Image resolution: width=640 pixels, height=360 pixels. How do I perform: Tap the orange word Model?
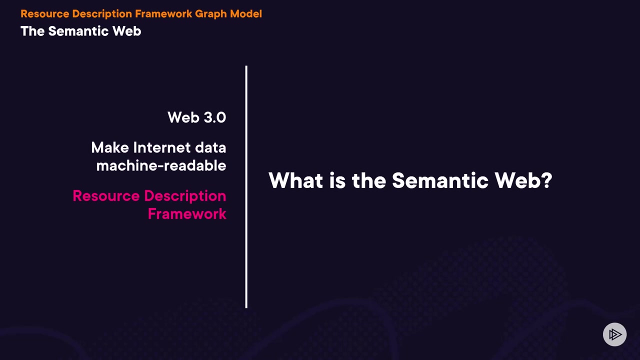point(246,13)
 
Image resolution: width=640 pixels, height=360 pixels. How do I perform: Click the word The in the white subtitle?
point(32,31)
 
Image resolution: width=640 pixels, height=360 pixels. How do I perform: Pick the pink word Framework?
point(187,213)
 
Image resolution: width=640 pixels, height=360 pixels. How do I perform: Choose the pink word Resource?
point(106,196)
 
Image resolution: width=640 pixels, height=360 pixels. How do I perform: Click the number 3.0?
point(214,117)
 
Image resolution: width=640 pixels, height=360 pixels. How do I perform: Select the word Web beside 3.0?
point(183,117)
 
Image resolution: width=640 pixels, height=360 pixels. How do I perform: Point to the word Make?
point(110,147)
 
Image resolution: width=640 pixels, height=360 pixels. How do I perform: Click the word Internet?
point(161,147)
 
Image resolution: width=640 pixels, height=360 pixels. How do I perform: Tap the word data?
point(210,147)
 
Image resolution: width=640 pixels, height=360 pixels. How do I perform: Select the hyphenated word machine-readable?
point(161,165)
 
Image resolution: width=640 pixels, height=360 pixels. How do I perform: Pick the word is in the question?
point(337,180)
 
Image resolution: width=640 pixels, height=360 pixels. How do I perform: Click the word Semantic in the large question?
point(440,180)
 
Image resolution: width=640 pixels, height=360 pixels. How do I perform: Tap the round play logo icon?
point(614,334)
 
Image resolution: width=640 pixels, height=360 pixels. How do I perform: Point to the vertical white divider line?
point(246,187)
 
